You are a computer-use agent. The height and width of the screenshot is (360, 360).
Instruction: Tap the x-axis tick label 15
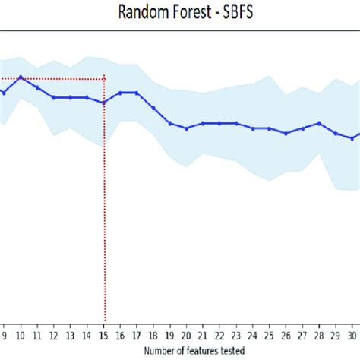[x=104, y=335]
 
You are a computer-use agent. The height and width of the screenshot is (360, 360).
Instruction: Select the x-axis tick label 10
[x=21, y=335]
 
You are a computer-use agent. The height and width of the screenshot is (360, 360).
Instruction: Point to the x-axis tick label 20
[x=187, y=335]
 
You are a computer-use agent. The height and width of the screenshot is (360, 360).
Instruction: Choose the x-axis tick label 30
[x=352, y=335]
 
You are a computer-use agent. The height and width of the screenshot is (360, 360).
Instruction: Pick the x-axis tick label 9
[x=5, y=335]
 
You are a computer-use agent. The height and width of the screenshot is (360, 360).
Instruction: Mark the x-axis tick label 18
[x=153, y=335]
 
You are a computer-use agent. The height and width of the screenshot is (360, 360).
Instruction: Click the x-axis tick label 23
[x=236, y=335]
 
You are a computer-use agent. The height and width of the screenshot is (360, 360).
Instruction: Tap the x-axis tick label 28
[x=319, y=335]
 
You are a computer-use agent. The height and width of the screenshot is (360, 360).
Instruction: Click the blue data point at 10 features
[x=21, y=77]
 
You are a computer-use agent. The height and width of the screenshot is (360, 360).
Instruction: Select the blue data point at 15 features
[x=104, y=103]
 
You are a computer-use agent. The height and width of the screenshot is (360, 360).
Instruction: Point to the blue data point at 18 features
[x=153, y=108]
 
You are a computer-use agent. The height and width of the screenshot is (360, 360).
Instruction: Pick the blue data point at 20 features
[x=187, y=128]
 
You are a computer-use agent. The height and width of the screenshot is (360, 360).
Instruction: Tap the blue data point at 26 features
[x=286, y=134]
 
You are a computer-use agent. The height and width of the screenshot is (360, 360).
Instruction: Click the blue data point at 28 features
[x=319, y=123]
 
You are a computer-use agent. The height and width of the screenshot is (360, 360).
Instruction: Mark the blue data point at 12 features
[x=54, y=97]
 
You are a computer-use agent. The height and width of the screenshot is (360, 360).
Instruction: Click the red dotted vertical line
[x=104, y=228]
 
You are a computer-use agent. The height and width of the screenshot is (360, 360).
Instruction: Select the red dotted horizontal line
[x=53, y=78]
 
